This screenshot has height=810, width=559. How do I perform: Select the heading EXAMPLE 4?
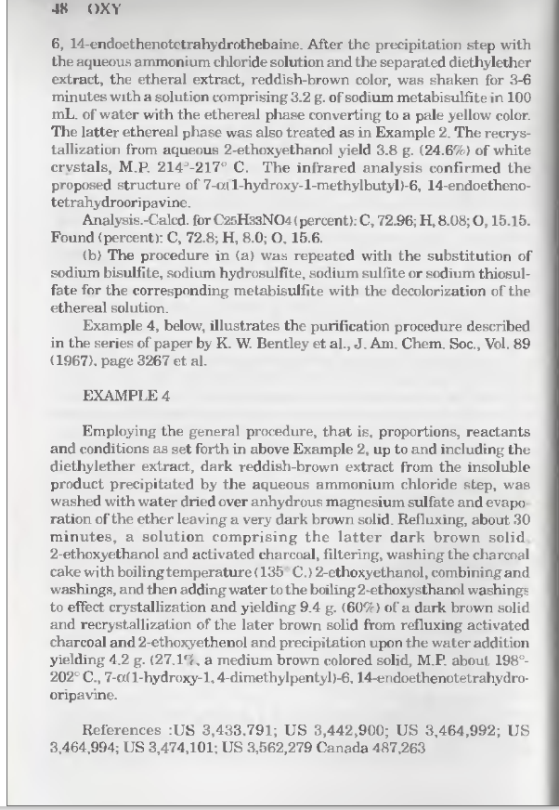coord(126,395)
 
